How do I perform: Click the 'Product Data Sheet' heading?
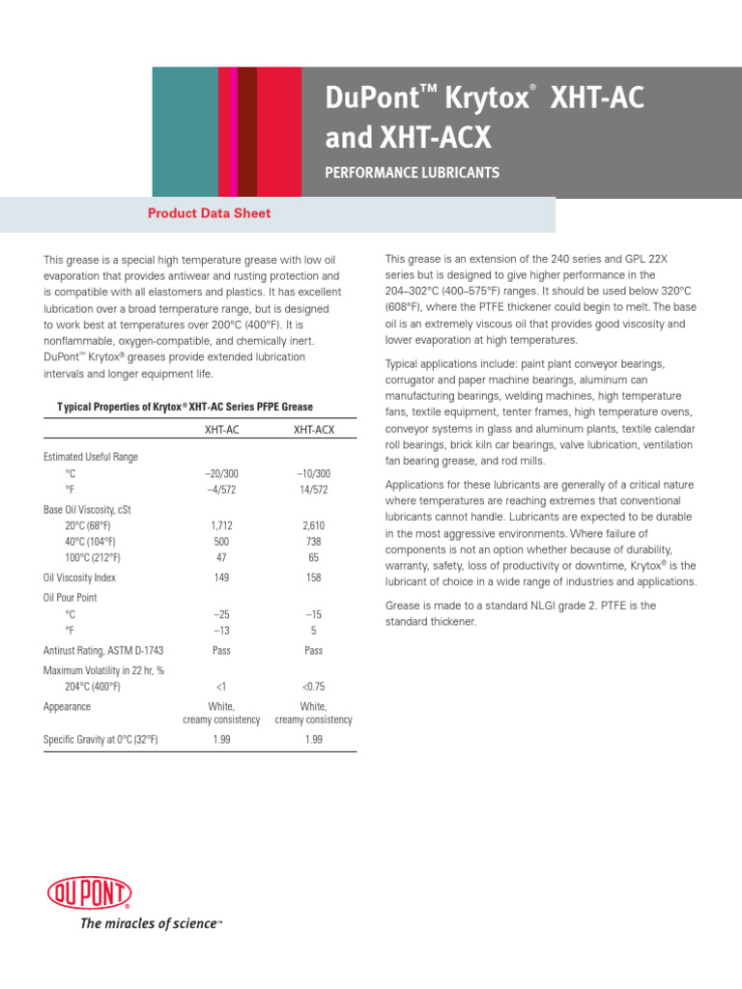(x=209, y=213)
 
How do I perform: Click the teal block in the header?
(x=185, y=132)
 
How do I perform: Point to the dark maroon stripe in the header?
(x=246, y=132)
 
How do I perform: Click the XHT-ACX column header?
(x=313, y=429)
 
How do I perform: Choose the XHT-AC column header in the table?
(x=221, y=429)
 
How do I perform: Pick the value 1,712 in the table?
(x=221, y=525)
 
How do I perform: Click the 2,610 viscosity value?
(x=313, y=525)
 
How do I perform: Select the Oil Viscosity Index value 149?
(x=221, y=578)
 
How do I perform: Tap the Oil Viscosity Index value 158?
(x=313, y=578)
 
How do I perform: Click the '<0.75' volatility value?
(x=313, y=687)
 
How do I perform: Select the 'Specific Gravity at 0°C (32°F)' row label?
(x=100, y=739)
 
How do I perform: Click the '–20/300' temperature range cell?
(x=221, y=473)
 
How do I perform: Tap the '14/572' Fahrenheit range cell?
(x=313, y=490)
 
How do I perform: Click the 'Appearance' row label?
(x=67, y=706)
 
